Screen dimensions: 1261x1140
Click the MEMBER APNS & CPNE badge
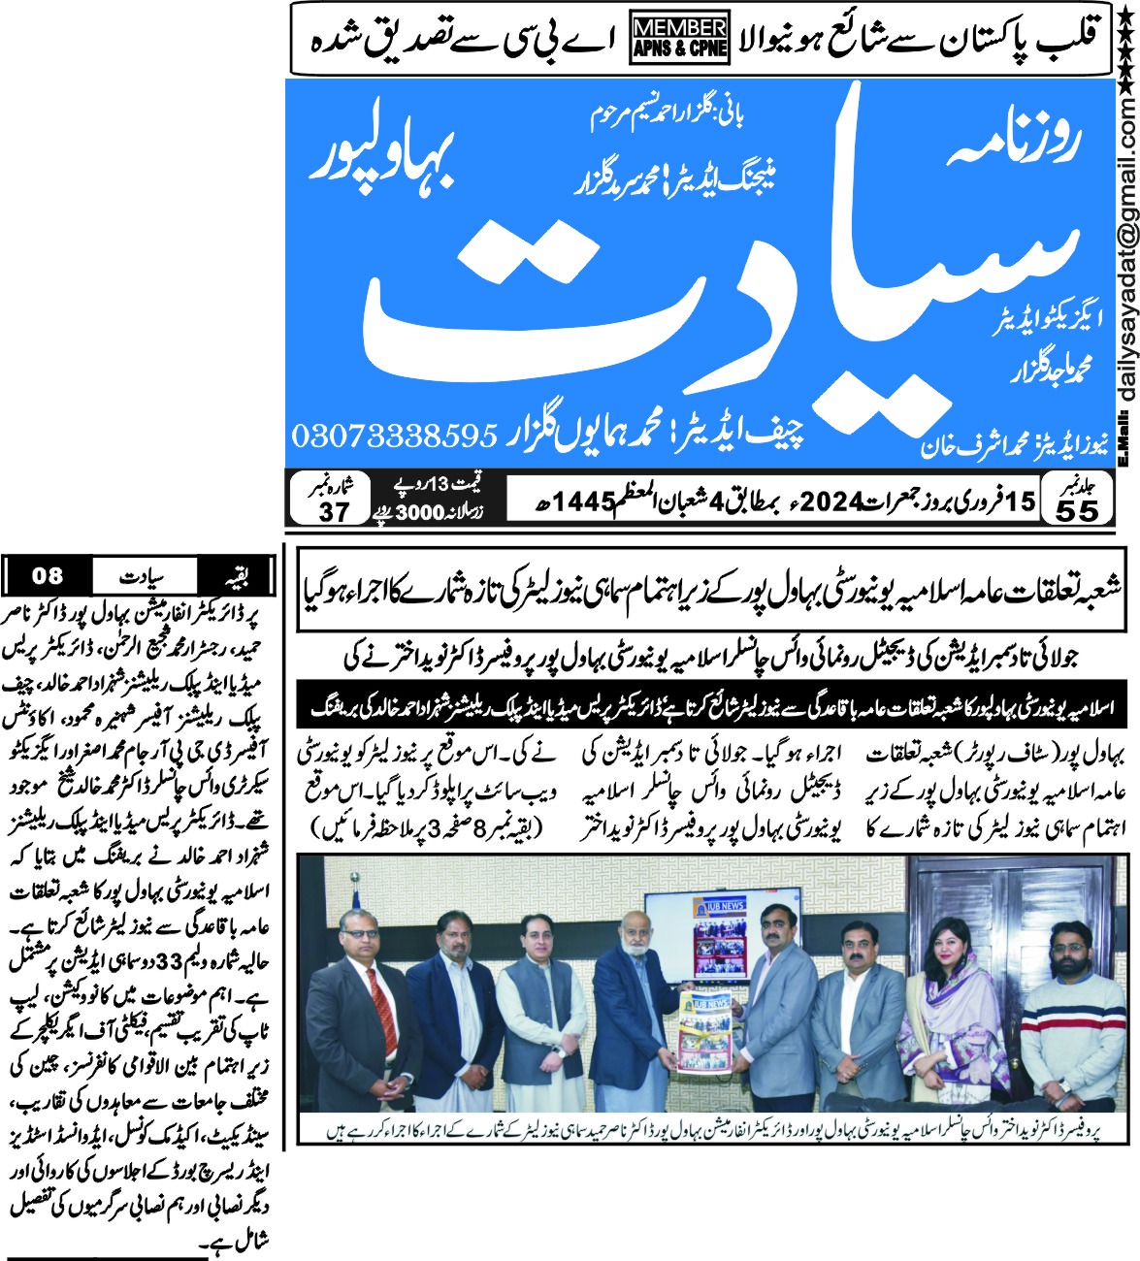click(679, 39)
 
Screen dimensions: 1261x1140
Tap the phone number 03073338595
click(393, 435)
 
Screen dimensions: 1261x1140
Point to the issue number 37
click(333, 510)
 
